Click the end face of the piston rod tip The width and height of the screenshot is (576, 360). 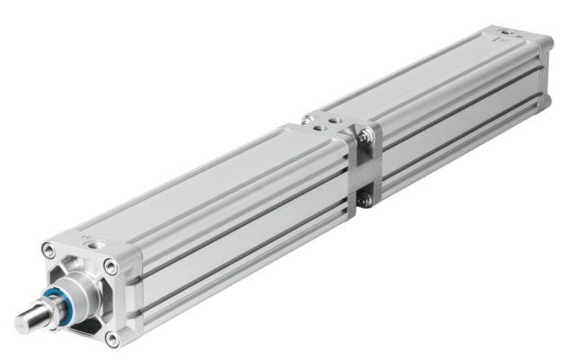[20, 321]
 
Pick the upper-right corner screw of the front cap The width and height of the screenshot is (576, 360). [110, 266]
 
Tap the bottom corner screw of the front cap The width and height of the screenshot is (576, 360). [112, 338]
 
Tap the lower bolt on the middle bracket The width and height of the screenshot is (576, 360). [365, 200]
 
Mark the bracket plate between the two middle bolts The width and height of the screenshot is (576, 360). [365, 168]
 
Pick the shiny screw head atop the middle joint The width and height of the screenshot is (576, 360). [308, 120]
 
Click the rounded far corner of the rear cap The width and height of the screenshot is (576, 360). [547, 43]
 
